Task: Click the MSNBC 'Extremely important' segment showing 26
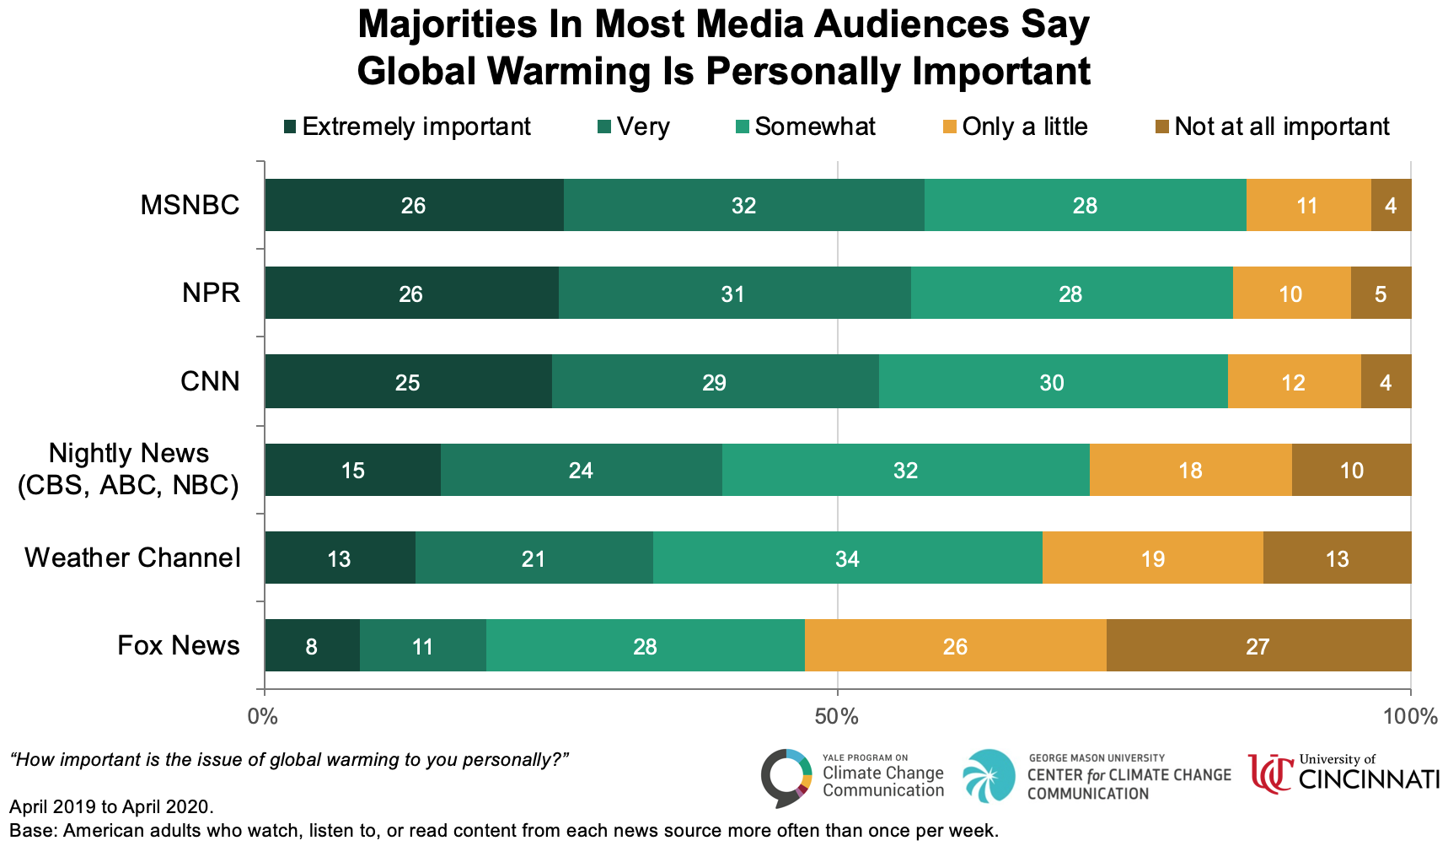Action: point(414,205)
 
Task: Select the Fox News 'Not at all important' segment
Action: point(1258,646)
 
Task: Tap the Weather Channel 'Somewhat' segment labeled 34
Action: point(847,558)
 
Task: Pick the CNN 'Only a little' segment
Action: point(1294,382)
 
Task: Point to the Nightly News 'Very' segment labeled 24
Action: point(581,470)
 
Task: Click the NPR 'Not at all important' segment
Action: point(1381,294)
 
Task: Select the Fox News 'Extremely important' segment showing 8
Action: point(312,646)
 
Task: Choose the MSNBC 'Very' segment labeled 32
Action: point(743,205)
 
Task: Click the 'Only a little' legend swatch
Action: point(950,127)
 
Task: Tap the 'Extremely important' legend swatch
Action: point(290,127)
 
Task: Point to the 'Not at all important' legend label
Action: point(1281,127)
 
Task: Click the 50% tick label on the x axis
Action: point(837,717)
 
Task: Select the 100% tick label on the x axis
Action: point(1410,717)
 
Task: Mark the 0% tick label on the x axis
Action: point(264,717)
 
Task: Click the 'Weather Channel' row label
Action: point(132,558)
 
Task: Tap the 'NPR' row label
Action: point(211,293)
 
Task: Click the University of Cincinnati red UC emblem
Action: point(1270,774)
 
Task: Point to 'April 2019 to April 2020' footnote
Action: point(111,807)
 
